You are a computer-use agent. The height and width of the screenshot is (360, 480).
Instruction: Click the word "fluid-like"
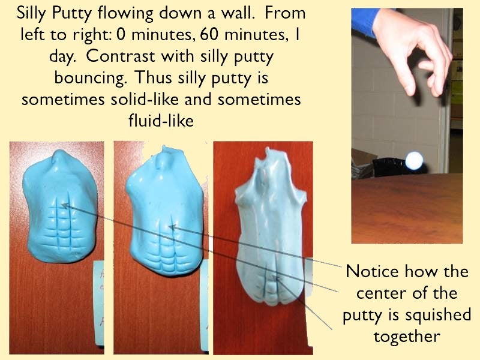(161, 120)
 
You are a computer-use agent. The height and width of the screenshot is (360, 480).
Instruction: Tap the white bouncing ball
(415, 160)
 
